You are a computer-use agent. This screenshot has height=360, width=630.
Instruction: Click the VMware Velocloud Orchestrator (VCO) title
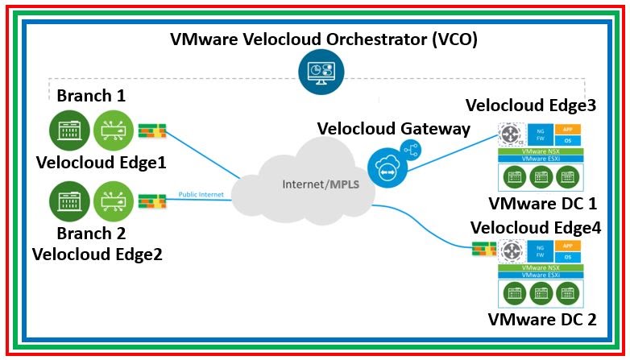pos(323,40)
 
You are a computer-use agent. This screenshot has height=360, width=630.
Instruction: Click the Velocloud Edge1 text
pos(101,163)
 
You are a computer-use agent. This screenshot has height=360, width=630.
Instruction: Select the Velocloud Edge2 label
pos(97,254)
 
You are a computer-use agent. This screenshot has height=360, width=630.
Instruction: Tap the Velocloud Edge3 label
pos(531,106)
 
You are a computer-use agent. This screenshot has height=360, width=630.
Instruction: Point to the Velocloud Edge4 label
pos(535,227)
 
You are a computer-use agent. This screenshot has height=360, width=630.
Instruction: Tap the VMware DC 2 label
pos(542,319)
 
